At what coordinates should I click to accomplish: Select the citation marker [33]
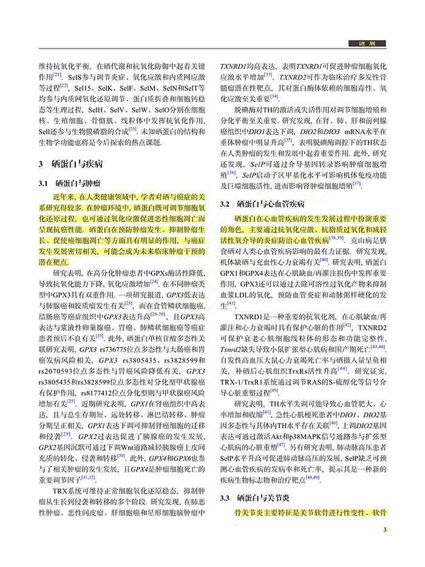coord(268,75)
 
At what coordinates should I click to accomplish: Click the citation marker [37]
coord(356,183)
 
